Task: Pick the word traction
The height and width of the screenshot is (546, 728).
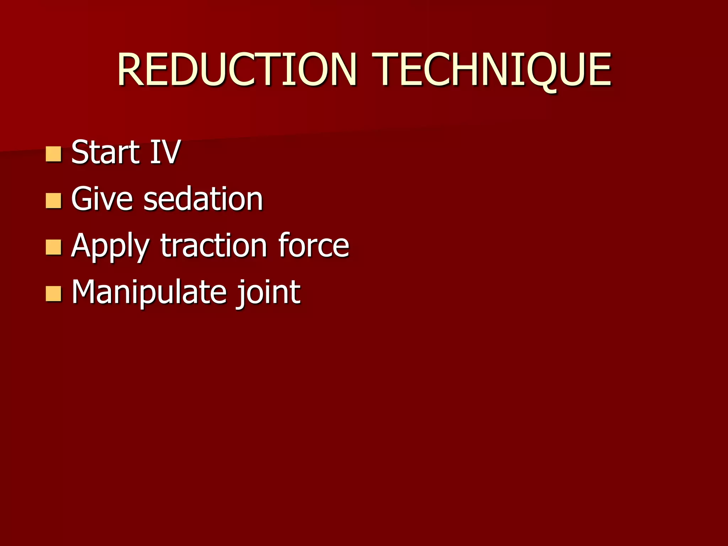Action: pyautogui.click(x=214, y=246)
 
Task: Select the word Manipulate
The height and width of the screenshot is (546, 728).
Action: pyautogui.click(x=149, y=292)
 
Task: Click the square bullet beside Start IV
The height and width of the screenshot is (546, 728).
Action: pyautogui.click(x=54, y=154)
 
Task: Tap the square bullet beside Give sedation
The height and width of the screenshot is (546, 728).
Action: pyautogui.click(x=54, y=200)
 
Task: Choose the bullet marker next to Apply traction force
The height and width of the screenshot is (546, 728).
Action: pyautogui.click(x=54, y=247)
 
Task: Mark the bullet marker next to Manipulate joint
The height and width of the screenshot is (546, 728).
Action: pyautogui.click(x=54, y=294)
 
